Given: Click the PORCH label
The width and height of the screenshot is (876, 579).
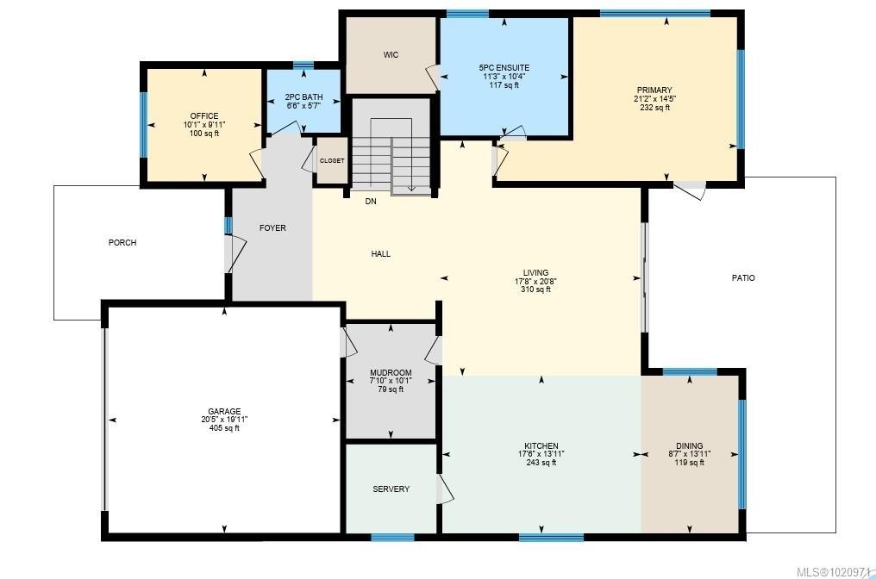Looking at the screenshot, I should pos(122,243).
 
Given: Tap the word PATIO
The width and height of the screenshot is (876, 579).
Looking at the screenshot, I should pos(743,278).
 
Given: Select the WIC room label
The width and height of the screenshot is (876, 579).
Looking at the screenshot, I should pos(391,55).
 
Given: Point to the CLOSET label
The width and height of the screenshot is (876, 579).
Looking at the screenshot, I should pos(332,161).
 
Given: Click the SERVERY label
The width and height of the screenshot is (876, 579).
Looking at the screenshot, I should pos(391,489).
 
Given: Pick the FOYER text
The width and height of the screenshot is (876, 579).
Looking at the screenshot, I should pos(272,228).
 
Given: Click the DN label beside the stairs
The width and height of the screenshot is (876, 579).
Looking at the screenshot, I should pos(371,202).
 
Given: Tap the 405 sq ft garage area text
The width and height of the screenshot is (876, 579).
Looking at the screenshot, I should pos(223,428).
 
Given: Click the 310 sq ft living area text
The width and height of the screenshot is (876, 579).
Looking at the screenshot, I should pos(535,289).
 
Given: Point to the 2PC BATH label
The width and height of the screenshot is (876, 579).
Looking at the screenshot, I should pos(303,97).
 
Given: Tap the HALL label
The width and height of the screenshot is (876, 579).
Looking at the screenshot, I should pos(381,254).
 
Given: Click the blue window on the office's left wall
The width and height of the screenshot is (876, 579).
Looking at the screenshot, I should pos(144,124).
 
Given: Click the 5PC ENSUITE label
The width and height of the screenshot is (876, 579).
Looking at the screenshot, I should pos(504,67).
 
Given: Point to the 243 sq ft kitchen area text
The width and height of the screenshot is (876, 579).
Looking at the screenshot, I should pos(541,463).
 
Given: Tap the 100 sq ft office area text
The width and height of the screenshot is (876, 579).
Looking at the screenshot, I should pos(204,134).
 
